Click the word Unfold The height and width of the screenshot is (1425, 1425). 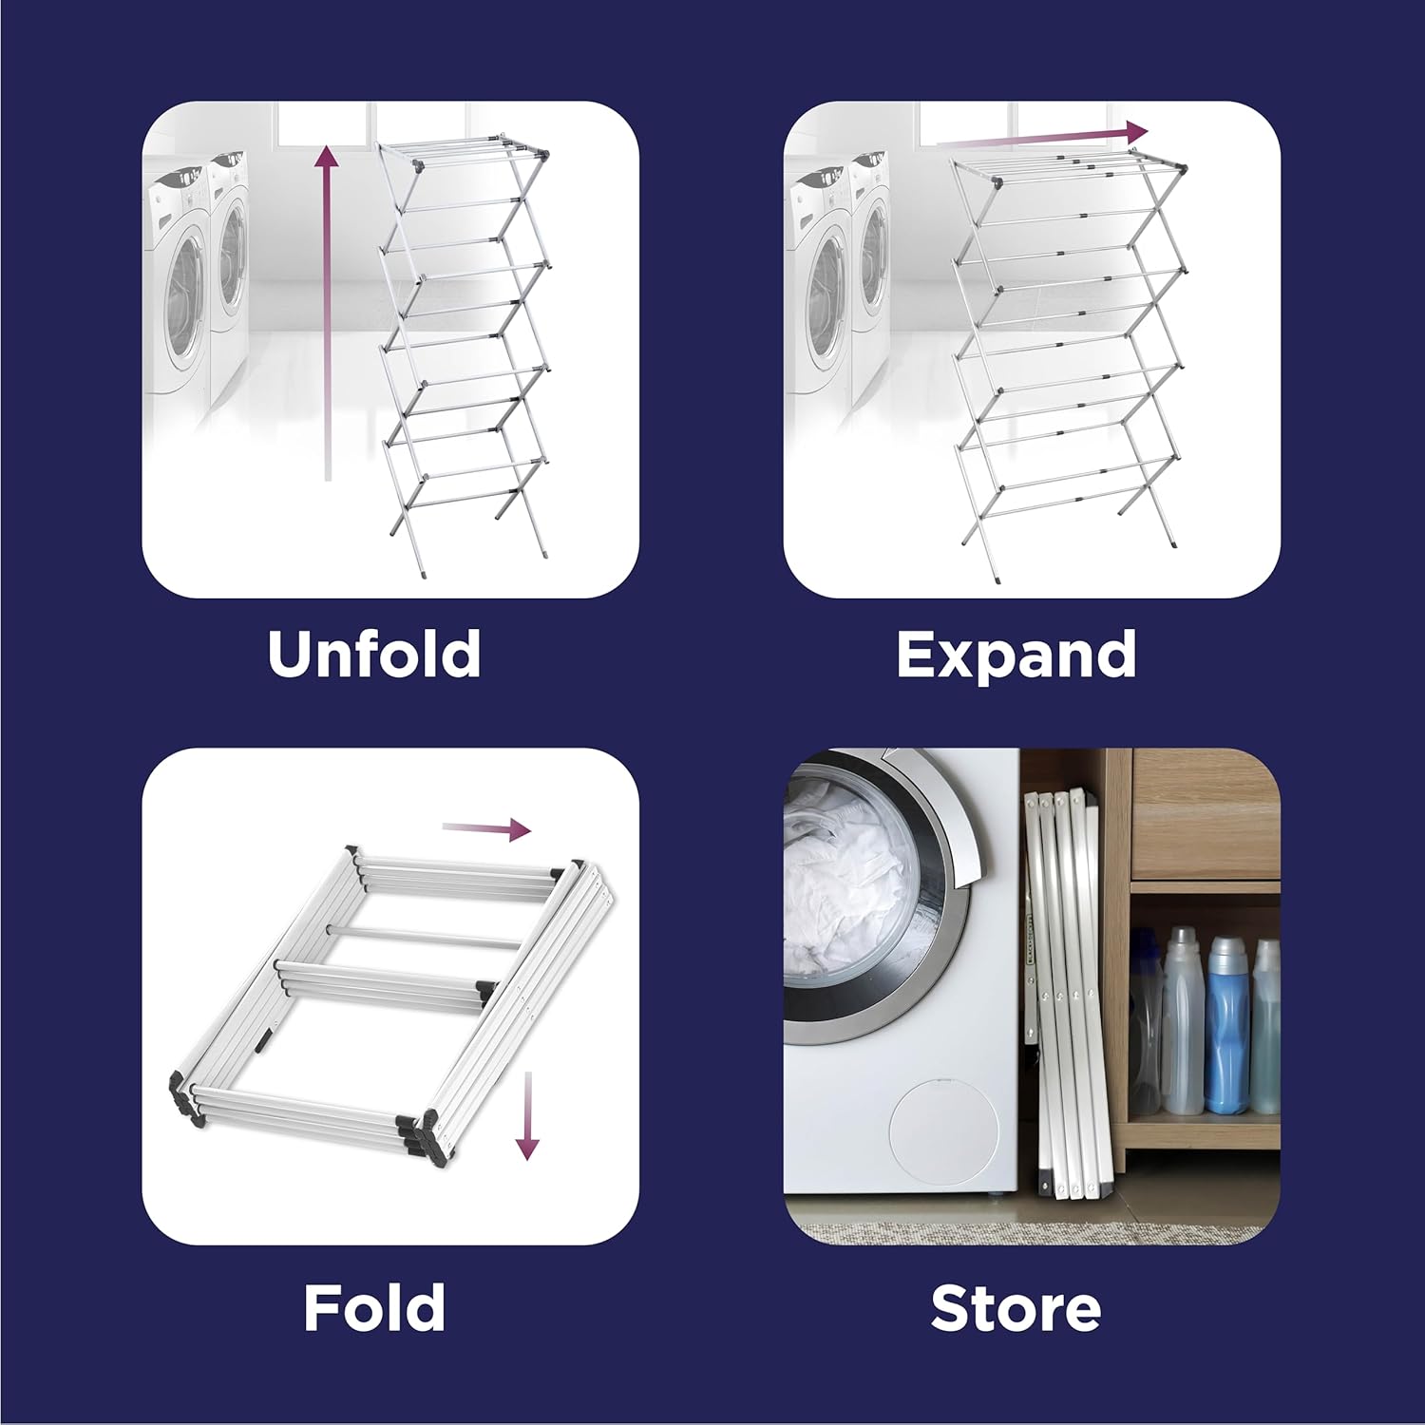click(373, 654)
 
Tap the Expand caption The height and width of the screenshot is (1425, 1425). click(1016, 655)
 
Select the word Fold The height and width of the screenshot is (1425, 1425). click(373, 1307)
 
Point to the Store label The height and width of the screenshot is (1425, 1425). click(1016, 1308)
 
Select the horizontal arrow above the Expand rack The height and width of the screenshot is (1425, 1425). click(1042, 136)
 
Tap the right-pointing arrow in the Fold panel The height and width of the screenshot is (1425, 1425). click(486, 828)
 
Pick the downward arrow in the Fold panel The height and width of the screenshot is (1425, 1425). click(526, 1115)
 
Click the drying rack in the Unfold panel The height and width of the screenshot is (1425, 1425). click(465, 351)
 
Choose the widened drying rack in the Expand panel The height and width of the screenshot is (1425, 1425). click(1069, 361)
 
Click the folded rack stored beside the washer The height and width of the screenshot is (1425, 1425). click(1069, 997)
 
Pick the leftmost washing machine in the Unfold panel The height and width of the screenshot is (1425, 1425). click(176, 285)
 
